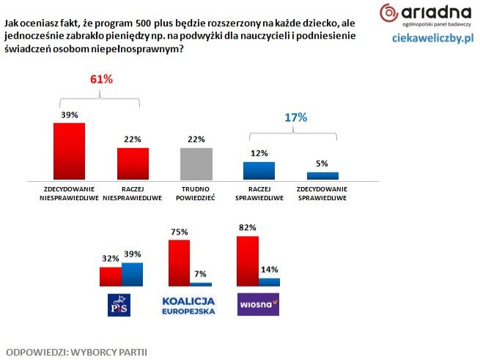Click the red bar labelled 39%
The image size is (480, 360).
coord(70,150)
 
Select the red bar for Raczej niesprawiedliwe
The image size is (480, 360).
coord(133,164)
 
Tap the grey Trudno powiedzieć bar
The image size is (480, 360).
coord(196,164)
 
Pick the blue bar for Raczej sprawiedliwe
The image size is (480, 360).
coord(259,171)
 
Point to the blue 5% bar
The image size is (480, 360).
coord(322,176)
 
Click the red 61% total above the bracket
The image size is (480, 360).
coord(101,79)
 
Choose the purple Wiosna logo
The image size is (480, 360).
coord(257,304)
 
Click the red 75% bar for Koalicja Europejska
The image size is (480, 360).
coord(179,262)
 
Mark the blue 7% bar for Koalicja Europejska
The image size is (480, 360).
coord(200,284)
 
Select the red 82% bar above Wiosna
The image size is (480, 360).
coord(248,260)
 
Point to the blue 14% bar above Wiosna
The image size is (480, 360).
coord(269,282)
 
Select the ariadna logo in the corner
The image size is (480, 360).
coord(424,13)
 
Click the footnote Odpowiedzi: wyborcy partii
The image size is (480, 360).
coord(76,351)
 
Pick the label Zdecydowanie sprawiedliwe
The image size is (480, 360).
coord(322,194)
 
